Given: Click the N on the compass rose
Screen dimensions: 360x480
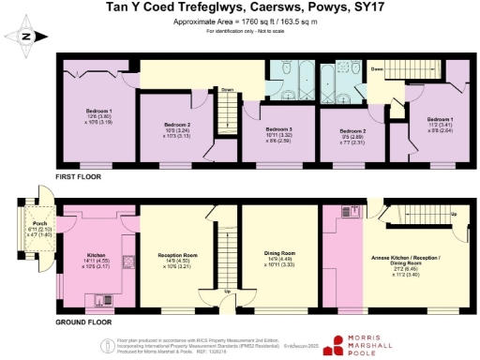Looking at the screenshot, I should pyautogui.click(x=27, y=37).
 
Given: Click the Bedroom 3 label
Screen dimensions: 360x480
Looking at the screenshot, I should pyautogui.click(x=278, y=128).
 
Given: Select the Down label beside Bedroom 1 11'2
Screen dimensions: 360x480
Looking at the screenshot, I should pyautogui.click(x=375, y=68).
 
